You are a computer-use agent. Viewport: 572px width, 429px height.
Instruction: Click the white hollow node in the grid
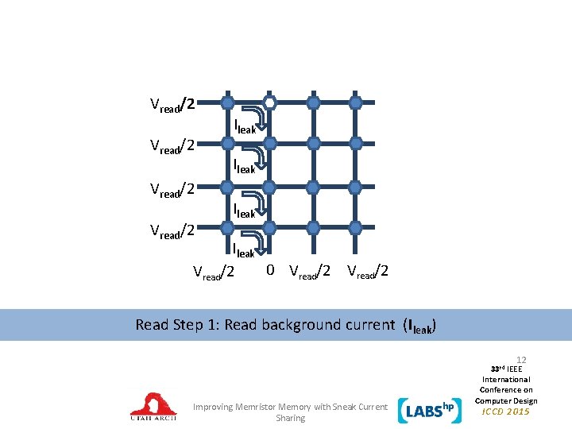270,102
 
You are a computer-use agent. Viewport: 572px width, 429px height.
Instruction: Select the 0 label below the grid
271,270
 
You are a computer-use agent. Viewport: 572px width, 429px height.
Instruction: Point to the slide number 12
521,360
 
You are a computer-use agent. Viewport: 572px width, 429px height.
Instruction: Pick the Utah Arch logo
153,406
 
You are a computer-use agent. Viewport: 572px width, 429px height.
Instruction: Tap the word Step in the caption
188,325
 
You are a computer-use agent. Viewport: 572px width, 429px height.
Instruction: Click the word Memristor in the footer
259,407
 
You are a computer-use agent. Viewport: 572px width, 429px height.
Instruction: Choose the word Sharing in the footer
290,418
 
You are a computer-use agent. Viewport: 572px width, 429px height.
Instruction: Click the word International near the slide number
507,380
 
